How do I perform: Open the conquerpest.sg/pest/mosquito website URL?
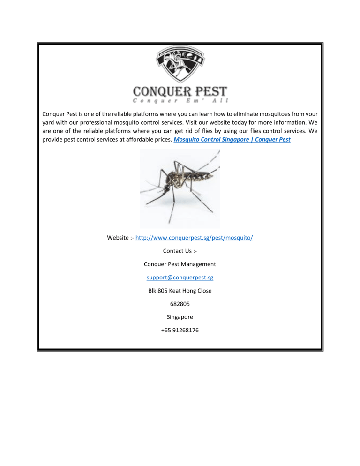tap(194, 238)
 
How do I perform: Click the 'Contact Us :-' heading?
tap(180, 251)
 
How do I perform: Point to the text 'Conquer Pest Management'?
tap(180, 264)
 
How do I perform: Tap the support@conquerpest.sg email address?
tap(180, 278)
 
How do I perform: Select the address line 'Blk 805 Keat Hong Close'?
tap(180, 291)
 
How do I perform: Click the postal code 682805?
tap(180, 304)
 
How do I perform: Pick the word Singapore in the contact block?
tap(180, 317)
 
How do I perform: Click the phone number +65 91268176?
tap(180, 330)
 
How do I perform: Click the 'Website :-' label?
tap(120, 238)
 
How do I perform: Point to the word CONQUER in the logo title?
tap(156, 90)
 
